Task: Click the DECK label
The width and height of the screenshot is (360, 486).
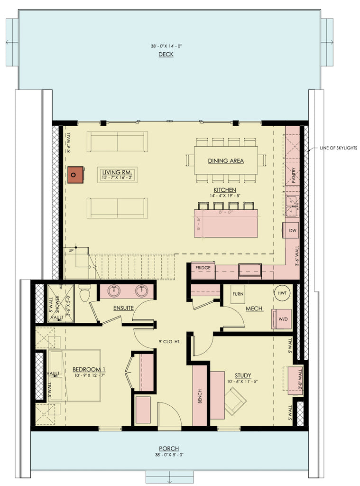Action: (166, 55)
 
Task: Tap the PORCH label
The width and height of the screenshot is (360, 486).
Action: (169, 449)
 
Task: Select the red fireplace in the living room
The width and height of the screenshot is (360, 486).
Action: (74, 175)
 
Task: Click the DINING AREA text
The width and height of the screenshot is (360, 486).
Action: (226, 161)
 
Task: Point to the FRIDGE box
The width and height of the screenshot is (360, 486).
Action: (203, 268)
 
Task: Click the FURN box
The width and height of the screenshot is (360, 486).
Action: (238, 294)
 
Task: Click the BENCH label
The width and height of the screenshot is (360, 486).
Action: (200, 395)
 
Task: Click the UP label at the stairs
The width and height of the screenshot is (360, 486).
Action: (71, 250)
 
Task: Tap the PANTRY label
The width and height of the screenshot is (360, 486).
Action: (294, 175)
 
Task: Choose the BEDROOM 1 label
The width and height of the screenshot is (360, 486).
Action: (89, 369)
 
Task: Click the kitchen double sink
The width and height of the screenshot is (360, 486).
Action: (292, 203)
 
